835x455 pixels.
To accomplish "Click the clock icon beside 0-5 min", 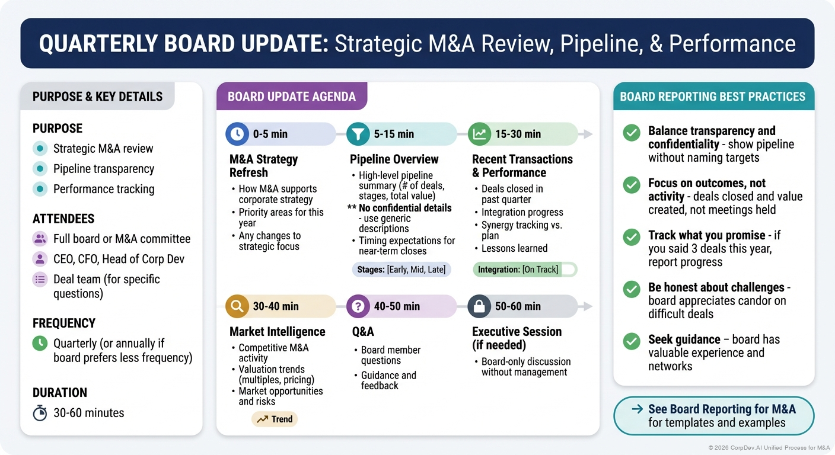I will (x=237, y=134).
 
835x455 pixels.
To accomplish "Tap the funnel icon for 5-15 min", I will (x=358, y=134).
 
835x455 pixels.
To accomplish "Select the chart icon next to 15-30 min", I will (x=479, y=134).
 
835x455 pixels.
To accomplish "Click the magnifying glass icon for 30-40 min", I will (x=237, y=306).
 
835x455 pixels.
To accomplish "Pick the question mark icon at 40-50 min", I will (x=358, y=306).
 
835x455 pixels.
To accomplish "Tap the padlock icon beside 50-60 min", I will (x=479, y=306).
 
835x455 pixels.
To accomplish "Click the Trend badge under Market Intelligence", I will (x=275, y=419).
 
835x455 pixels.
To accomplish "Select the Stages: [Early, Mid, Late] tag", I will (x=401, y=270).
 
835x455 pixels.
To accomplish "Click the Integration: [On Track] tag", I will (x=524, y=270).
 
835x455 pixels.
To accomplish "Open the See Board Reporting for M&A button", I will (x=713, y=416).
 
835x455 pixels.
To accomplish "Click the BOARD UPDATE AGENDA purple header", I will (x=292, y=97).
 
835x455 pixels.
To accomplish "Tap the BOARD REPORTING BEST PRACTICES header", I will (x=713, y=97).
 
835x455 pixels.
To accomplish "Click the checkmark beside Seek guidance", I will (x=632, y=341).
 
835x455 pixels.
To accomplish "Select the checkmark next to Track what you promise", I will (x=632, y=237).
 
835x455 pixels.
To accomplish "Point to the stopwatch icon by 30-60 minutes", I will (x=40, y=413).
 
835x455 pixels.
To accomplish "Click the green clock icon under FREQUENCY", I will (x=40, y=344).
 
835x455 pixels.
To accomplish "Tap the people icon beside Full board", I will (x=40, y=239).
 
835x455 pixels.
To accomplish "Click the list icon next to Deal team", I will (x=40, y=280).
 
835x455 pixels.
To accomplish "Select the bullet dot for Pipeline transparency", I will (x=40, y=169).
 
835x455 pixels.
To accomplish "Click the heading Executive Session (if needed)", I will (x=516, y=338).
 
